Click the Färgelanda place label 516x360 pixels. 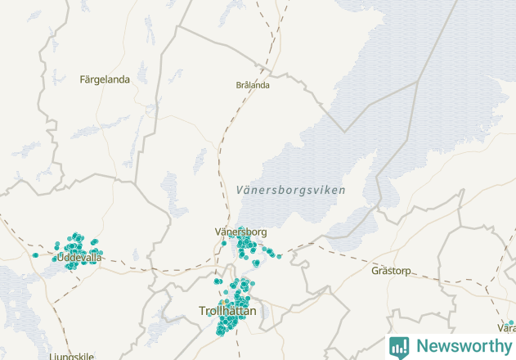coord(105,79)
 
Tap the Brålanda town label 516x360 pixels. coord(253,84)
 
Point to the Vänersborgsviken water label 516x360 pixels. coord(290,190)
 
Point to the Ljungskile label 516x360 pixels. coord(72,357)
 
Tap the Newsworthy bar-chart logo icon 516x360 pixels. coord(399,346)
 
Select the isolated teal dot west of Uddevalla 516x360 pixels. coord(35,255)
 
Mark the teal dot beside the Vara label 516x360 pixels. coord(511,323)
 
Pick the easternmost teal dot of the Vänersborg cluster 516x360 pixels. coord(279,256)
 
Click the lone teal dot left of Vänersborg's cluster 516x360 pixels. coord(223,242)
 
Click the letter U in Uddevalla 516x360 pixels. coord(61,258)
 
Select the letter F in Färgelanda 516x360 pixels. coord(83,79)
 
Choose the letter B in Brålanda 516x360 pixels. coord(239,84)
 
